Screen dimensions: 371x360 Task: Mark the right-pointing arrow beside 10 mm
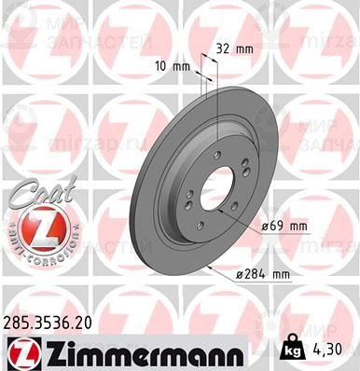[x=199, y=65]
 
